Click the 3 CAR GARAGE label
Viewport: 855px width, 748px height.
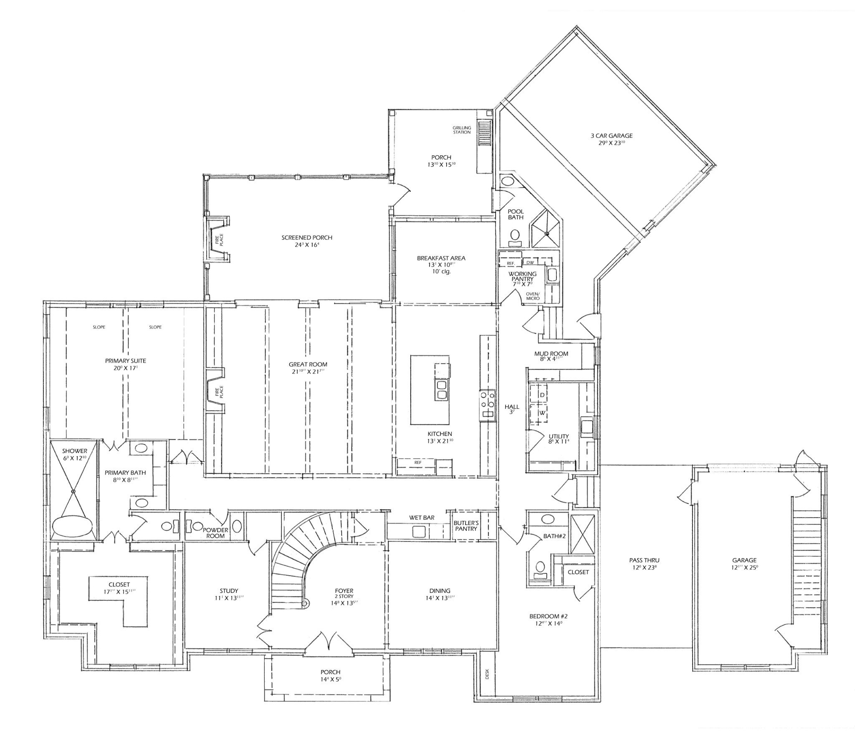pos(611,136)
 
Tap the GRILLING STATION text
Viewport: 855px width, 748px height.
pos(462,130)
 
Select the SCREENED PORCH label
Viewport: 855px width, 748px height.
pos(306,238)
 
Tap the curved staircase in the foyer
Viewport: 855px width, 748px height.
pos(292,559)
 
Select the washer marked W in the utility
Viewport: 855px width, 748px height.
pos(542,413)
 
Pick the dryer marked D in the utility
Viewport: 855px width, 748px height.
pos(542,394)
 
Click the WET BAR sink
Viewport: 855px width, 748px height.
pos(419,531)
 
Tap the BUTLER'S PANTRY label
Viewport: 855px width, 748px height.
pos(466,526)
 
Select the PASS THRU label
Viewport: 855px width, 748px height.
pos(644,561)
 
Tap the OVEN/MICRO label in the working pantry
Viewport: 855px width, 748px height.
pos(533,296)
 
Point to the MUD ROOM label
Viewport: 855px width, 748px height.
pos(551,353)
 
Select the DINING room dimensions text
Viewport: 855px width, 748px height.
pos(440,598)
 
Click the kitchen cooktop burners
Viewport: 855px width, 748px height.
pos(487,399)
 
